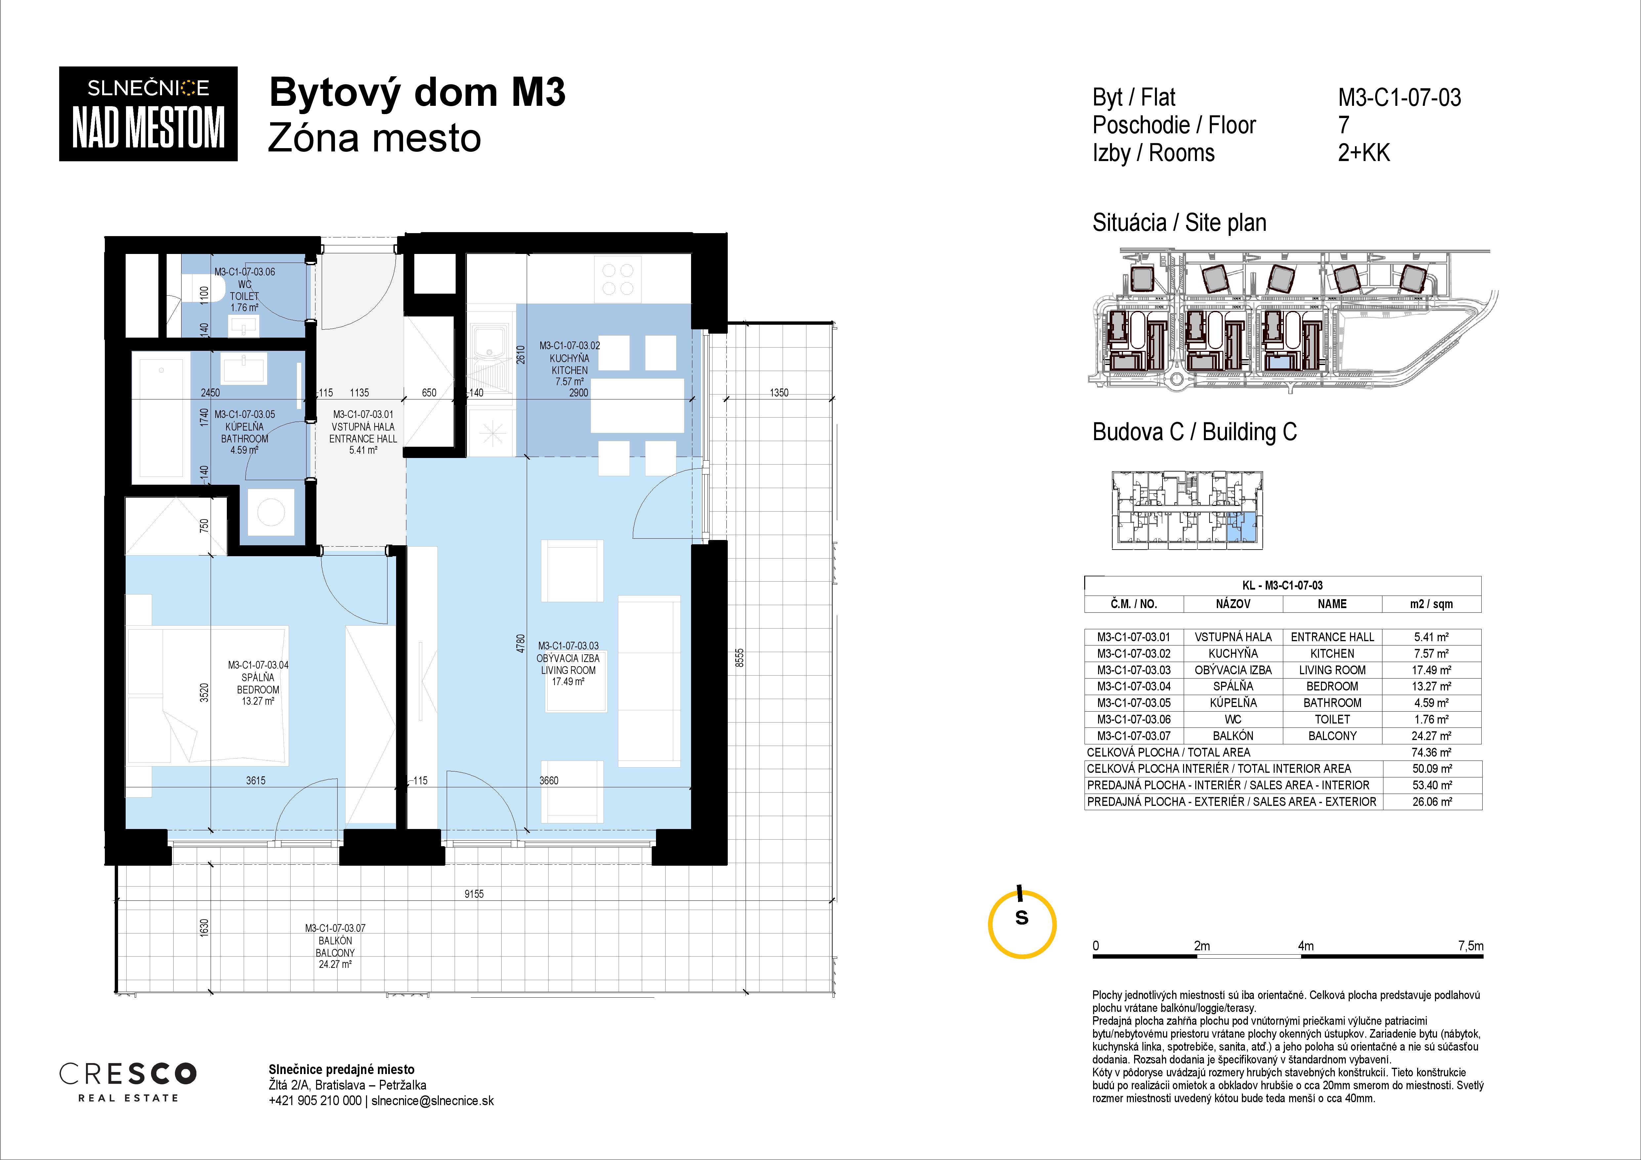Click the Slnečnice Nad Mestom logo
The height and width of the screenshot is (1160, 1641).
click(148, 114)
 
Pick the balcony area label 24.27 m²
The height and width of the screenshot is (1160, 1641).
click(335, 964)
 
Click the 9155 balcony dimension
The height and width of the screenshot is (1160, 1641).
click(474, 893)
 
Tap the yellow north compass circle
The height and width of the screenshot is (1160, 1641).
click(1022, 924)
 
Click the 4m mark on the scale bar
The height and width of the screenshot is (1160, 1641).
click(1306, 946)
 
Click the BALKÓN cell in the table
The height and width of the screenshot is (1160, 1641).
click(1233, 735)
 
